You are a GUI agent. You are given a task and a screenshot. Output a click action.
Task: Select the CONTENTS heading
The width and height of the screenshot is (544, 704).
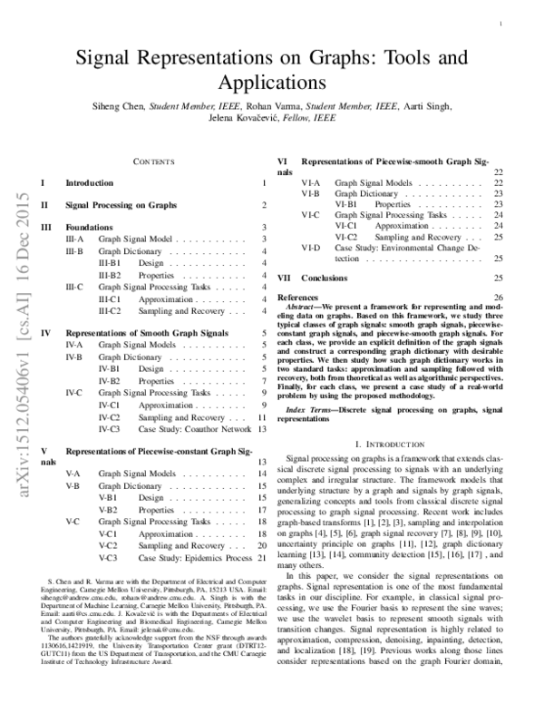click(153, 161)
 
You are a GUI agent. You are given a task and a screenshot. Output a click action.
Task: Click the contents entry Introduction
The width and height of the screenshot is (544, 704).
click(90, 183)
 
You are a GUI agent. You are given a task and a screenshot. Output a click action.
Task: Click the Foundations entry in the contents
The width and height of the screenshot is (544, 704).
click(90, 228)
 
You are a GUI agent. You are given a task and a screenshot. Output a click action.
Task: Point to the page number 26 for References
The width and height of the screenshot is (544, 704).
click(498, 297)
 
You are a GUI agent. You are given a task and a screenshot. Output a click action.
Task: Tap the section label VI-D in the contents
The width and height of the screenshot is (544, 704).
click(311, 248)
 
